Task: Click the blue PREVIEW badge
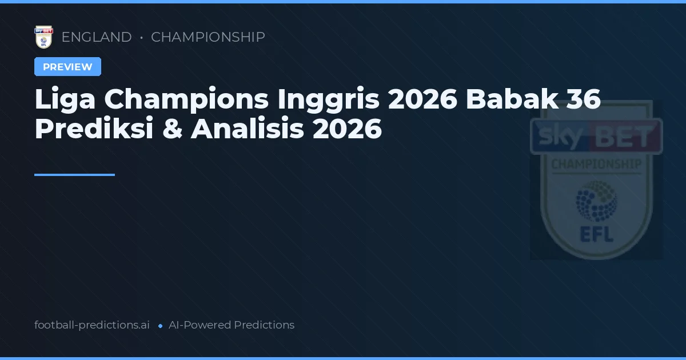(x=67, y=67)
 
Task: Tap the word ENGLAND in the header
(x=97, y=37)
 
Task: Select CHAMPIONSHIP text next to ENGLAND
(x=208, y=37)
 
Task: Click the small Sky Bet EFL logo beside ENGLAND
(x=43, y=37)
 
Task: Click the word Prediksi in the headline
(x=94, y=129)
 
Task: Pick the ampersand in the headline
(x=172, y=129)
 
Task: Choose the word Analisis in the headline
(x=248, y=129)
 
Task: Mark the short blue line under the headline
(x=74, y=175)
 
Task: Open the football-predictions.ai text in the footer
(x=92, y=325)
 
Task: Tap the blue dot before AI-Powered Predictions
(x=160, y=326)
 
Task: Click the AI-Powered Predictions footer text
(x=232, y=325)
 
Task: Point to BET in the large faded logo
(x=627, y=137)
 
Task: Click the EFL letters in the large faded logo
(x=596, y=234)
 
